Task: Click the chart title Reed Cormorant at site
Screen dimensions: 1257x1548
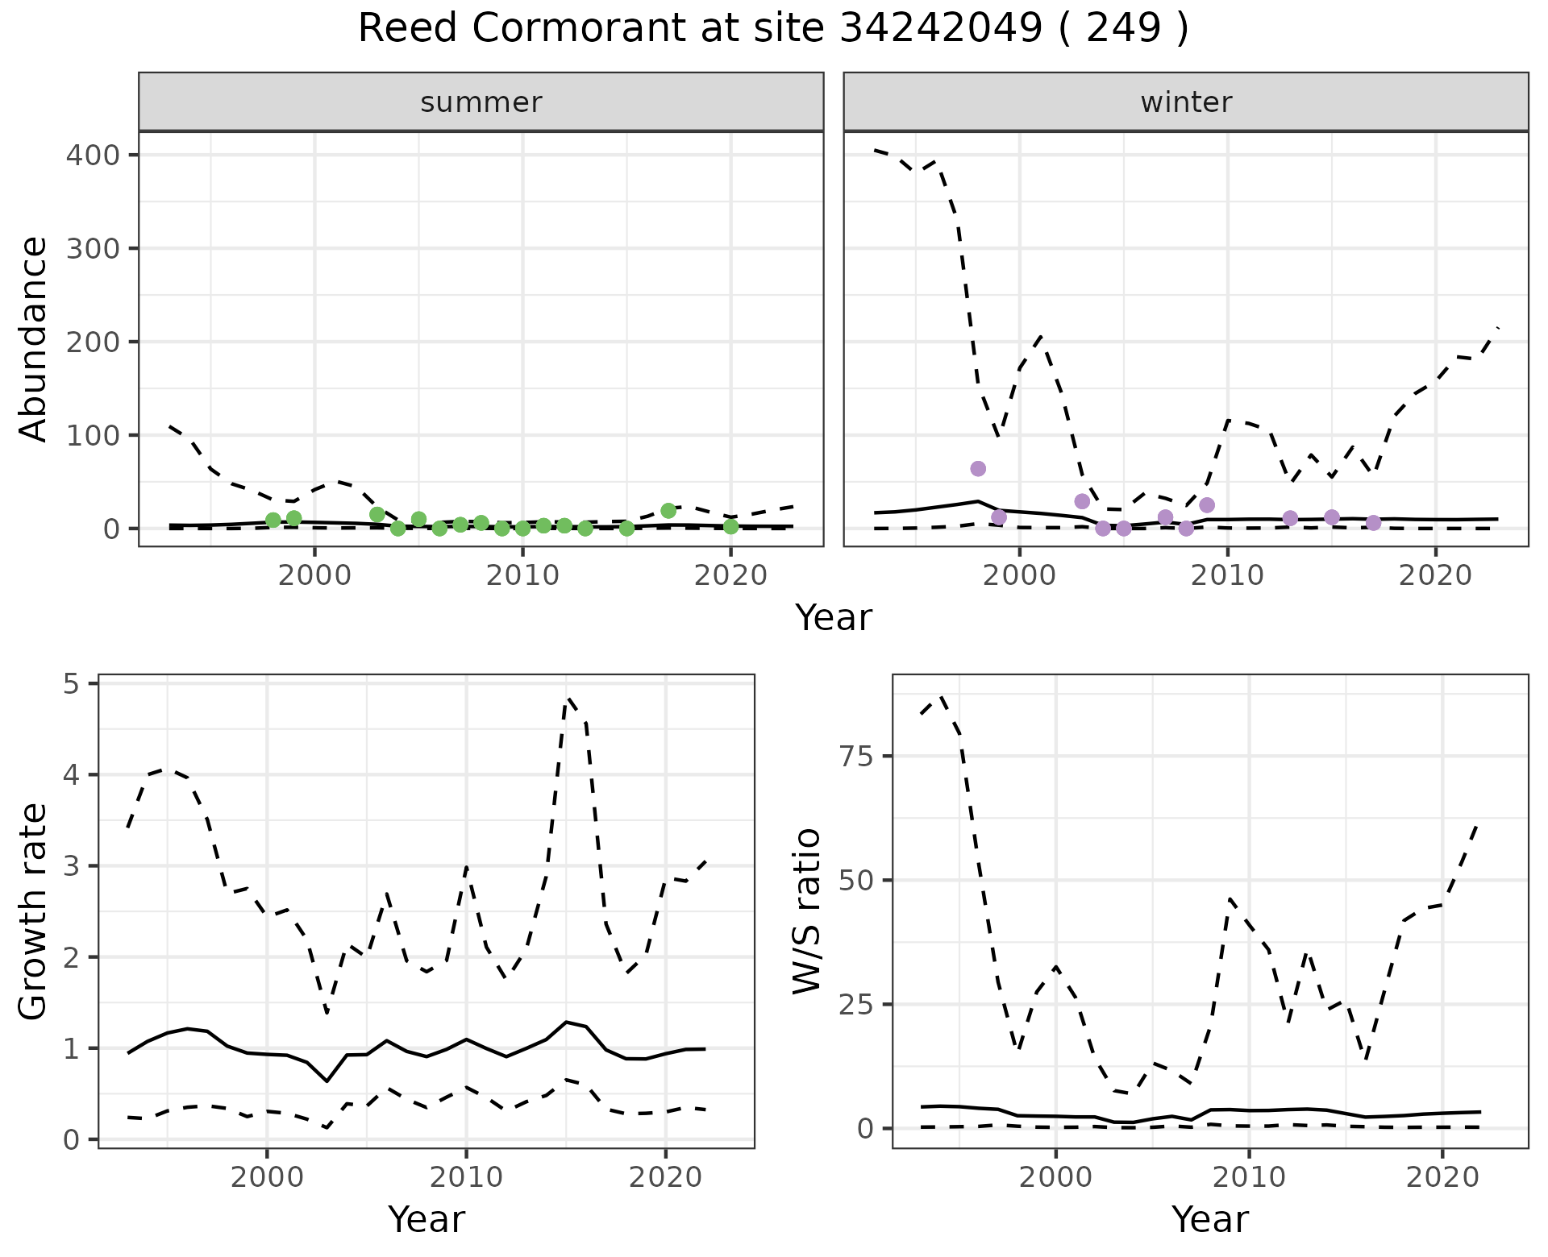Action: pyautogui.click(x=772, y=29)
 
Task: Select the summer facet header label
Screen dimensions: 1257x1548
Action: pyautogui.click(x=481, y=102)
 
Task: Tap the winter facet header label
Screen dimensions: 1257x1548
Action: pyautogui.click(x=1186, y=102)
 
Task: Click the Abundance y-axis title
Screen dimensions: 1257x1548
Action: pyautogui.click(x=33, y=339)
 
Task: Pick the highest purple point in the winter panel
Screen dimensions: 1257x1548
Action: pyautogui.click(x=978, y=469)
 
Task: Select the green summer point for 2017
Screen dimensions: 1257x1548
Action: pyautogui.click(x=668, y=511)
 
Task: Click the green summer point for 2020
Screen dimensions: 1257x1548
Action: pyautogui.click(x=730, y=527)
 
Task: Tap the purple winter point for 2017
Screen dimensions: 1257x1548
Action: pyautogui.click(x=1374, y=523)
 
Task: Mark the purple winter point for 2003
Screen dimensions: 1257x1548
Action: pyautogui.click(x=1082, y=501)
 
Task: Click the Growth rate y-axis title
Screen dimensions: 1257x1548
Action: pyautogui.click(x=33, y=911)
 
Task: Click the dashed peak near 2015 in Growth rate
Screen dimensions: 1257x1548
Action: pyautogui.click(x=568, y=698)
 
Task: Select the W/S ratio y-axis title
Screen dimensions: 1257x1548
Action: pyautogui.click(x=807, y=911)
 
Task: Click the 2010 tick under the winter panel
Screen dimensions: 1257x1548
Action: pyautogui.click(x=1227, y=576)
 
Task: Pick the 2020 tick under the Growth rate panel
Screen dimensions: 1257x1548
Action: pyautogui.click(x=665, y=1177)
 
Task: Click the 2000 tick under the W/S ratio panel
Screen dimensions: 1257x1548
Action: pyautogui.click(x=1055, y=1177)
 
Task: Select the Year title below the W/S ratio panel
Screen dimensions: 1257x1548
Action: pyautogui.click(x=1209, y=1219)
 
